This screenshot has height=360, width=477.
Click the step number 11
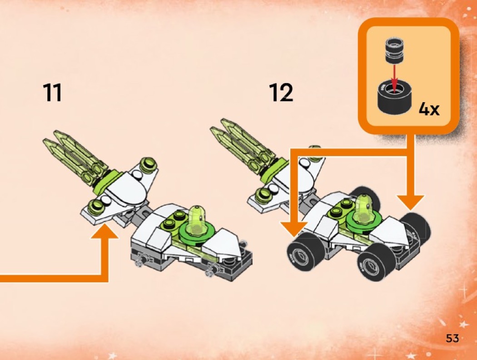tap(52, 93)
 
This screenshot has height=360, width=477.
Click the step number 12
tap(281, 93)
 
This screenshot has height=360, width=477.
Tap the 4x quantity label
tap(429, 108)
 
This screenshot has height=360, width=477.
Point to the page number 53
tap(452, 338)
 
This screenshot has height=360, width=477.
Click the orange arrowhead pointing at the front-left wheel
tap(294, 230)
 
